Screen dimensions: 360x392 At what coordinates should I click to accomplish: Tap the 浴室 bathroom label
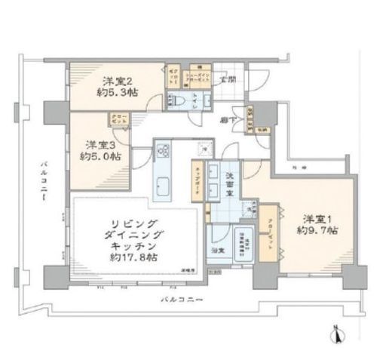click(x=216, y=249)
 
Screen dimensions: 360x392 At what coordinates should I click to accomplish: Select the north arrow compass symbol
click(x=338, y=331)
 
